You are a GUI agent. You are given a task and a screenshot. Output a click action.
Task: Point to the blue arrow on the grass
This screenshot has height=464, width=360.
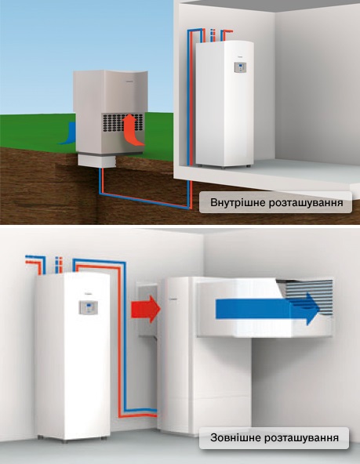pos(69,133)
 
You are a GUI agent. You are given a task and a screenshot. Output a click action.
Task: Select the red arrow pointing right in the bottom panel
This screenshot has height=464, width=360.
pos(146,309)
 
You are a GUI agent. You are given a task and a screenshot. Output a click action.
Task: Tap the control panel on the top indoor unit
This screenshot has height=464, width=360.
pos(240,67)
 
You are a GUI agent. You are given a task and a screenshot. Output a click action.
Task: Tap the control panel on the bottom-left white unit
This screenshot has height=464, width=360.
pos(88,307)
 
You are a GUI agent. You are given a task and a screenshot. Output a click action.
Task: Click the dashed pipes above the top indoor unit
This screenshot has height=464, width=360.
pos(212,35)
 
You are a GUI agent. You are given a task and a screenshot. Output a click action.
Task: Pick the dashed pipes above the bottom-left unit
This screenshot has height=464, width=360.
pos(59,265)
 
